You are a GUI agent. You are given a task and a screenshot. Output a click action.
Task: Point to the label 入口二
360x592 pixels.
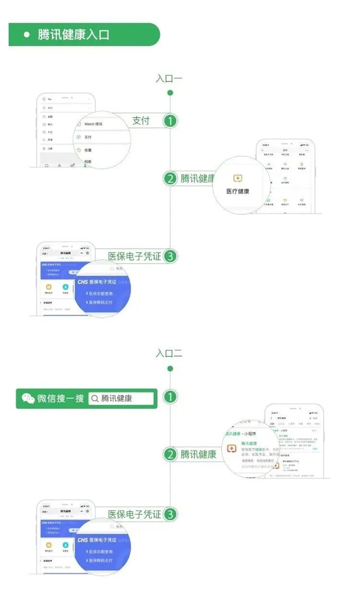click(x=169, y=353)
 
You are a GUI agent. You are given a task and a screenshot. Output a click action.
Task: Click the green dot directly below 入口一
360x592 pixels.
click(x=170, y=92)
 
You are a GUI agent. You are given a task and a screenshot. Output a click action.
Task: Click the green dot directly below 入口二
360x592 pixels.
click(x=170, y=368)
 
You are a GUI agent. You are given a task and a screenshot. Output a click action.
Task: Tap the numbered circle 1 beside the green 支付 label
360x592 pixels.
click(x=170, y=121)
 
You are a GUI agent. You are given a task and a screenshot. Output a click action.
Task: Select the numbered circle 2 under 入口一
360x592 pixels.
click(x=170, y=179)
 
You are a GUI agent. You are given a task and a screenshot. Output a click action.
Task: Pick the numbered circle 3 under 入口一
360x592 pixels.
click(x=170, y=256)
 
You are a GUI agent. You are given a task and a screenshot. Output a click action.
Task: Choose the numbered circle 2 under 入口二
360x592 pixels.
click(x=170, y=455)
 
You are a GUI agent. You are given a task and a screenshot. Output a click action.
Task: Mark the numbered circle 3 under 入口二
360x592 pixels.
click(x=170, y=514)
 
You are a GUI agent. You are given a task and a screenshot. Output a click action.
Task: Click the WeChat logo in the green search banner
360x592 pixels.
click(x=28, y=399)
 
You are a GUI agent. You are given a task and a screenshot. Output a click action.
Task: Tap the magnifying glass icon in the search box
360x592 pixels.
click(x=94, y=399)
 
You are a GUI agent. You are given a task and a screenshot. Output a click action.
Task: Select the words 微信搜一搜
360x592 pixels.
click(x=60, y=399)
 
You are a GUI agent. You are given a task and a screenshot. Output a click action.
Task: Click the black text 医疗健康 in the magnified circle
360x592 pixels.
click(x=238, y=191)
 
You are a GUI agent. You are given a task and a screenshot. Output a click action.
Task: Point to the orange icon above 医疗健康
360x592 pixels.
click(x=238, y=178)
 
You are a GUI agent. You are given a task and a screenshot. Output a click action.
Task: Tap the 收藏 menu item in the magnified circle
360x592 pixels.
click(x=88, y=150)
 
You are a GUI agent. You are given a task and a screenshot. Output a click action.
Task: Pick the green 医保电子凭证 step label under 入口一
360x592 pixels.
click(x=135, y=256)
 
